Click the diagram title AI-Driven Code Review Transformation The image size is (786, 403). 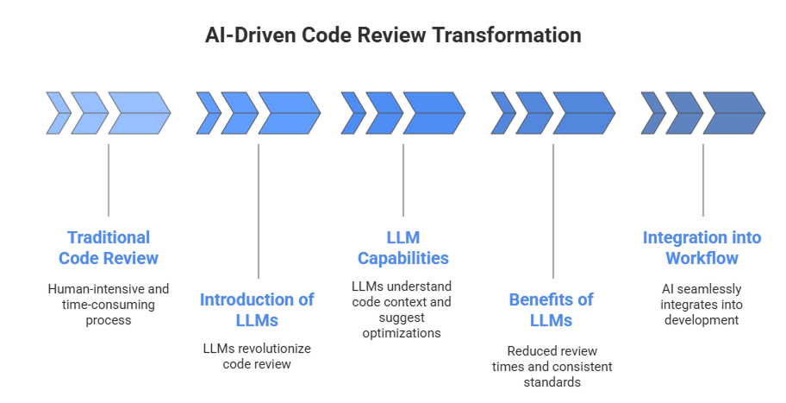(392, 35)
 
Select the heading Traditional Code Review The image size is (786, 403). (109, 247)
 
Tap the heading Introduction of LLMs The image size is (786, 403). (257, 309)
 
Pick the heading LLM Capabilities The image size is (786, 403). (403, 247)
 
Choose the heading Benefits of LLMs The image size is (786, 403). (552, 309)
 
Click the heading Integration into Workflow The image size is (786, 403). (703, 247)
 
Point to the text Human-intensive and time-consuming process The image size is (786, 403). (109, 304)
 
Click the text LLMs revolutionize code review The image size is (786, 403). (257, 356)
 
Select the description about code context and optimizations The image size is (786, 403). (403, 308)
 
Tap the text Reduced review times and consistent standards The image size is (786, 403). (552, 366)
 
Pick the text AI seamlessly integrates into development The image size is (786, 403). (703, 304)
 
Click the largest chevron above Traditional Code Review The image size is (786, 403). (137, 112)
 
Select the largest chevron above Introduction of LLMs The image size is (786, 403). (287, 112)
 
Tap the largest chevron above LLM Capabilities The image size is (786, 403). (433, 112)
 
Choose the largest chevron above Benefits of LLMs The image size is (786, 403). (583, 112)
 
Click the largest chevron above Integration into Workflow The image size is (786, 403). (733, 112)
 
